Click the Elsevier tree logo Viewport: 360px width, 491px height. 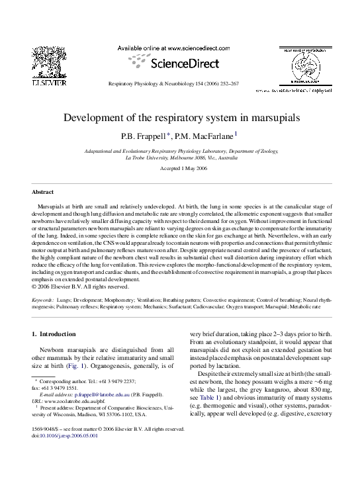(x=49, y=66)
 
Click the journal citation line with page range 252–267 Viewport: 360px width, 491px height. (x=173, y=85)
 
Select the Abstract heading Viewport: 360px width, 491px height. (x=43, y=192)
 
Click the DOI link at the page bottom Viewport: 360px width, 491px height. (x=69, y=436)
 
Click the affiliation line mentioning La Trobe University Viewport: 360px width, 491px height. (x=181, y=158)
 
